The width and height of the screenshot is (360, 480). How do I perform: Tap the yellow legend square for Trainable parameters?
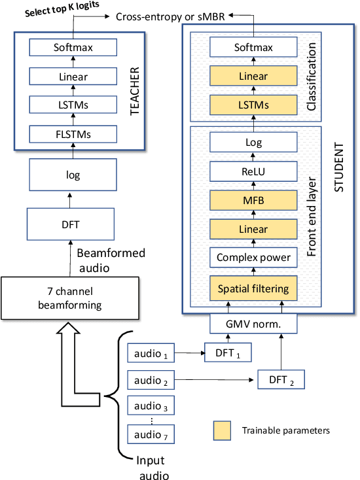[221, 430]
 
